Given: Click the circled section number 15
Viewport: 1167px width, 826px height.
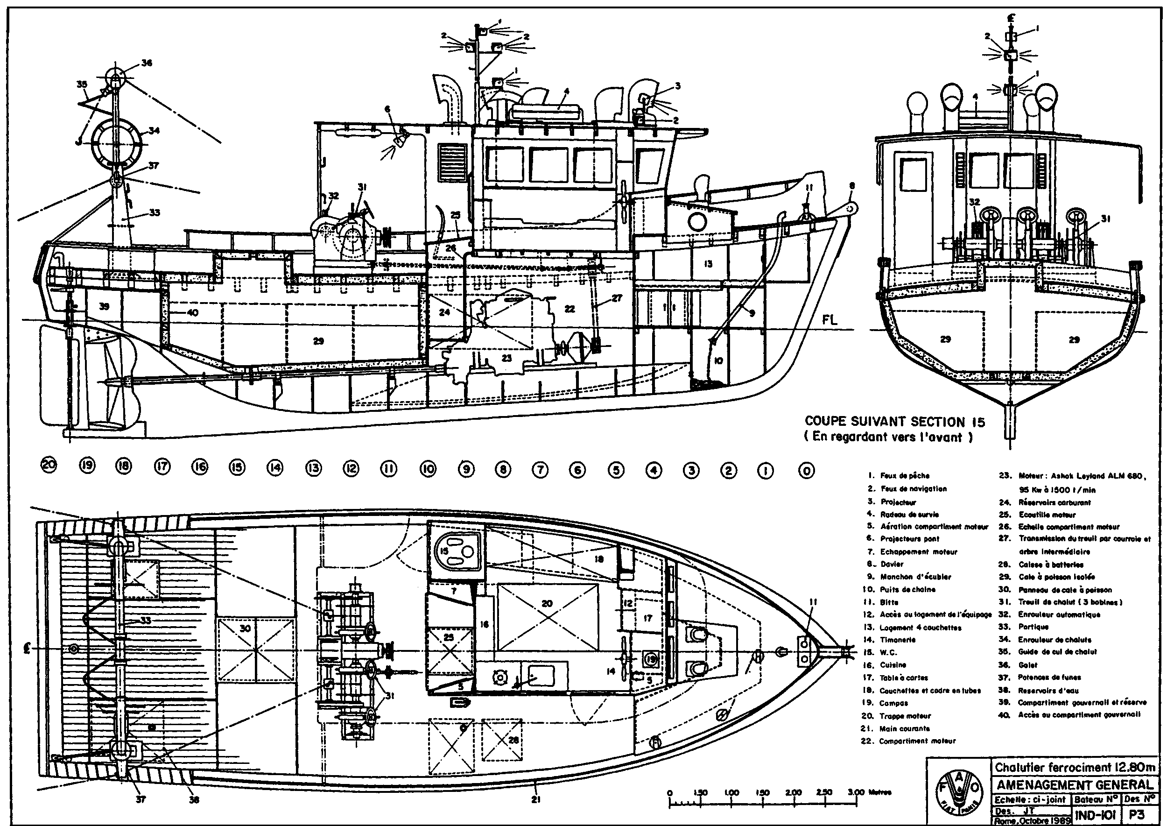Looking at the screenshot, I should pos(238,467).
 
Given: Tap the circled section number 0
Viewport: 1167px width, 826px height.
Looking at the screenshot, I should pos(807,471).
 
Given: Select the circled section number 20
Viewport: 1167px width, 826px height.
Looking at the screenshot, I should pos(49,466).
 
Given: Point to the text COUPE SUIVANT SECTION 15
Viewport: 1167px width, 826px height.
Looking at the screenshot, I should pos(894,422).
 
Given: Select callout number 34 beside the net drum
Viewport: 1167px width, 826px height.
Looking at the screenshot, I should pos(154,131).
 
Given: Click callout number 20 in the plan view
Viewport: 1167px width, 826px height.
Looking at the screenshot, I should pos(547,604).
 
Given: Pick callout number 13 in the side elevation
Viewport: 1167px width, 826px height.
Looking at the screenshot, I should pos(708,263).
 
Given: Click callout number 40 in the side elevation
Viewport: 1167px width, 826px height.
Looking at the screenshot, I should pos(192,313).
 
